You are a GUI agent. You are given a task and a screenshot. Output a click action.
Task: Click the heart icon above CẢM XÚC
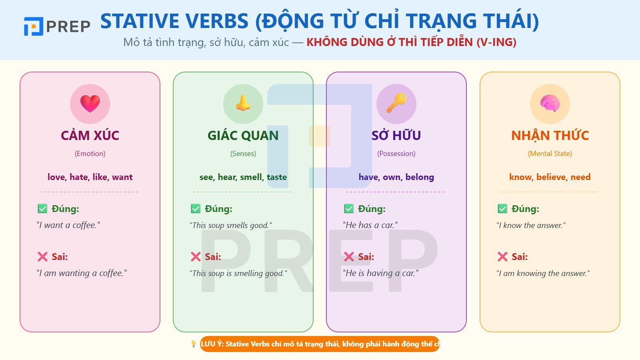(x=90, y=104)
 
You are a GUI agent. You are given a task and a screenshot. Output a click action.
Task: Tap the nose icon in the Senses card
(x=243, y=103)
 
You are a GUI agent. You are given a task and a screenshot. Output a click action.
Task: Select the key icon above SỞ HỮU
(x=396, y=103)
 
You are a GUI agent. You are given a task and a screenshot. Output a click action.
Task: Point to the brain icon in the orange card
(x=550, y=104)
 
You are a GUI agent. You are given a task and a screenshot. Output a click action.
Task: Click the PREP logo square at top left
(x=33, y=26)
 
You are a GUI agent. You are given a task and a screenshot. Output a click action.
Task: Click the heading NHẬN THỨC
(x=550, y=136)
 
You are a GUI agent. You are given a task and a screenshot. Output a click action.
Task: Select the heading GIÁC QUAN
(x=243, y=136)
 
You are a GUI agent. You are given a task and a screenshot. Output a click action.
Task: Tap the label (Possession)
(x=396, y=154)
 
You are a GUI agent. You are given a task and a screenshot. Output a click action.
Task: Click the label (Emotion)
(x=90, y=154)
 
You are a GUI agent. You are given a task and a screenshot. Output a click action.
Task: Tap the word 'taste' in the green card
(x=277, y=177)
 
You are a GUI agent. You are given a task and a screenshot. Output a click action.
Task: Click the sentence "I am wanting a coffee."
(x=82, y=273)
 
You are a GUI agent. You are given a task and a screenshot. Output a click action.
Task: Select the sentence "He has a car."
(x=370, y=225)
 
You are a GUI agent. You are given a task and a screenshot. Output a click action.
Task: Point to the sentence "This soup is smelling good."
(x=238, y=273)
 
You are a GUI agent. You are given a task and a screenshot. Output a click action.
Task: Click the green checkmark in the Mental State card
(x=502, y=209)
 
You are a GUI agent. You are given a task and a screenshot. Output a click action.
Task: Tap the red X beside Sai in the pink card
(x=42, y=257)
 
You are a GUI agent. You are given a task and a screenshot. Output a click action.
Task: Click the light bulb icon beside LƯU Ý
(x=194, y=344)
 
